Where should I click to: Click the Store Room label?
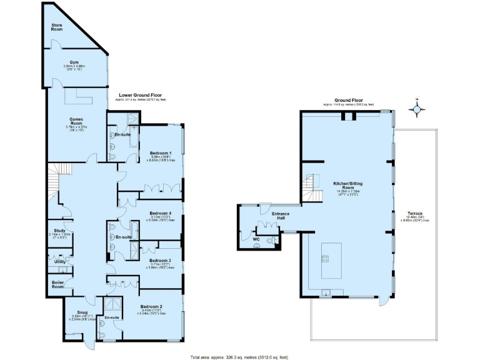coord(57,27)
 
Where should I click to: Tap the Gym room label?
coord(74,62)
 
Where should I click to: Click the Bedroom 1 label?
coord(161,153)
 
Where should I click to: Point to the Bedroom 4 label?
coord(161,213)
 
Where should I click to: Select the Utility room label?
coord(61,261)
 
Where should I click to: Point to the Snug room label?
coord(82,312)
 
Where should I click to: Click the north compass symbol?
coord(416,109)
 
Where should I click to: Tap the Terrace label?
coord(414,212)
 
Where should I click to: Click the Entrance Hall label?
coord(281,216)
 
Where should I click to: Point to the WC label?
coord(256,239)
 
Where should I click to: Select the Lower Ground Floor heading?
coord(140,95)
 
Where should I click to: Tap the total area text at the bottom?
coord(239,357)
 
